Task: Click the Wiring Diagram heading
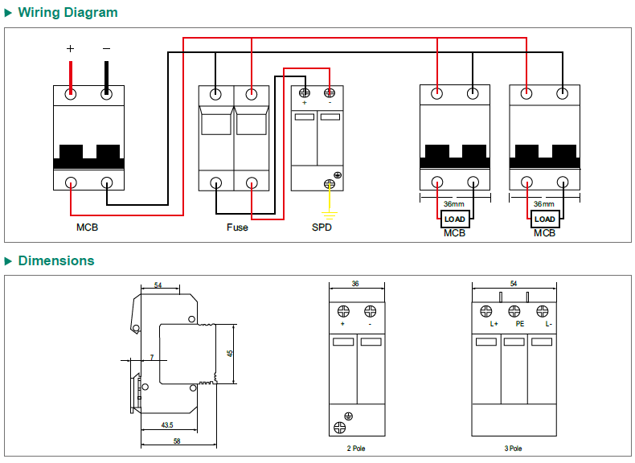coord(68,12)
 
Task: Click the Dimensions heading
coord(55,260)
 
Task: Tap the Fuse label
coord(237,227)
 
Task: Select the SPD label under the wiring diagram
coord(322,227)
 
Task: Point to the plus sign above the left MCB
coord(70,49)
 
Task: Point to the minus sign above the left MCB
coord(106,49)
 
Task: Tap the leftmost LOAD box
coord(455,219)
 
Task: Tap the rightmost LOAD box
coord(545,219)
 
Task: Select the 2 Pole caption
coord(355,449)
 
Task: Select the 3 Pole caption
coord(514,449)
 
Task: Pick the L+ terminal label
coord(494,324)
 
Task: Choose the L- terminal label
coord(548,324)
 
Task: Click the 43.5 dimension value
coord(167,424)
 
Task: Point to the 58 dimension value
coord(176,440)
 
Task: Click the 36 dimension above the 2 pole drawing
coord(355,284)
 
